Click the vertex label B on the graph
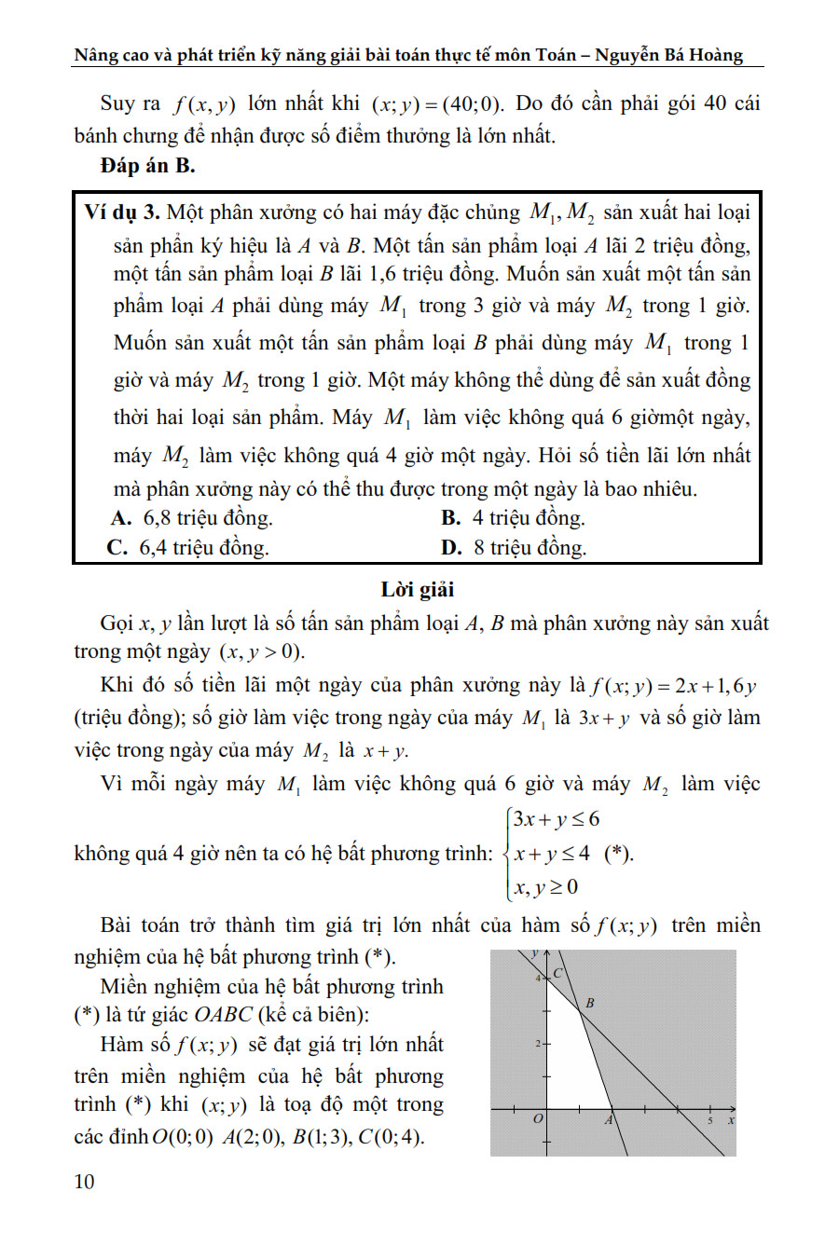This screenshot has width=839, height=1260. pyautogui.click(x=589, y=1004)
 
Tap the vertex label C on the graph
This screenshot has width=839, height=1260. pyautogui.click(x=558, y=973)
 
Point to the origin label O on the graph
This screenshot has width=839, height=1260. pyautogui.click(x=537, y=1118)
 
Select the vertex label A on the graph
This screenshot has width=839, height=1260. pyautogui.click(x=608, y=1119)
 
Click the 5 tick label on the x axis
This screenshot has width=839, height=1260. pyautogui.click(x=709, y=1119)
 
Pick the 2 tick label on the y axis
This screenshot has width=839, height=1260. pyautogui.click(x=538, y=1044)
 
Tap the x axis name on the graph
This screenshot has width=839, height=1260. pyautogui.click(x=731, y=1119)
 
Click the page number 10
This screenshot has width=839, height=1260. pyautogui.click(x=84, y=1182)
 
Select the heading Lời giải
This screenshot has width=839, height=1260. pyautogui.click(x=418, y=589)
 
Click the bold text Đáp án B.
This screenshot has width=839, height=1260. pyautogui.click(x=147, y=166)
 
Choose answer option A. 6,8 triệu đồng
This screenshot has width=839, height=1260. pyautogui.click(x=192, y=518)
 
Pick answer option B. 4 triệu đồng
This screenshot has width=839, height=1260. pyautogui.click(x=514, y=518)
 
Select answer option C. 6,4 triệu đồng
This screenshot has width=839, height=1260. pyautogui.click(x=188, y=547)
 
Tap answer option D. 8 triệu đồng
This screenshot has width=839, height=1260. pyautogui.click(x=514, y=547)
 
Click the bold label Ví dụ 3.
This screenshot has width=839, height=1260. pyautogui.click(x=122, y=212)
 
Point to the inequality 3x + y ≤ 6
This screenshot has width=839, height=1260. pyautogui.click(x=556, y=819)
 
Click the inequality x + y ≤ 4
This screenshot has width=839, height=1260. pyautogui.click(x=551, y=853)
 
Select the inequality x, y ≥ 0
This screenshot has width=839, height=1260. pyautogui.click(x=545, y=886)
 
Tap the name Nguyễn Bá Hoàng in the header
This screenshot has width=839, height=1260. pyautogui.click(x=668, y=55)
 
